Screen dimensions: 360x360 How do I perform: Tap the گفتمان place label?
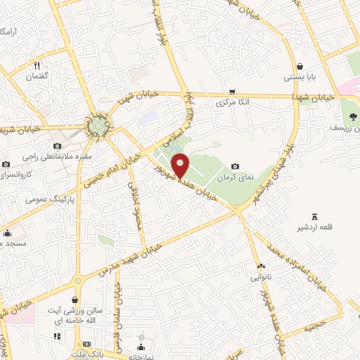pyautogui.click(x=36, y=76)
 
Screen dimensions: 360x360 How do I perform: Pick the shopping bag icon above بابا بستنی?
pyautogui.click(x=290, y=66)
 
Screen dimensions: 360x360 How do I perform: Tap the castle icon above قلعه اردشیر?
pyautogui.click(x=314, y=216)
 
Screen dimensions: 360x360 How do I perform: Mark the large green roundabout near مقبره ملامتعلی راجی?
pyautogui.click(x=98, y=127)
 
